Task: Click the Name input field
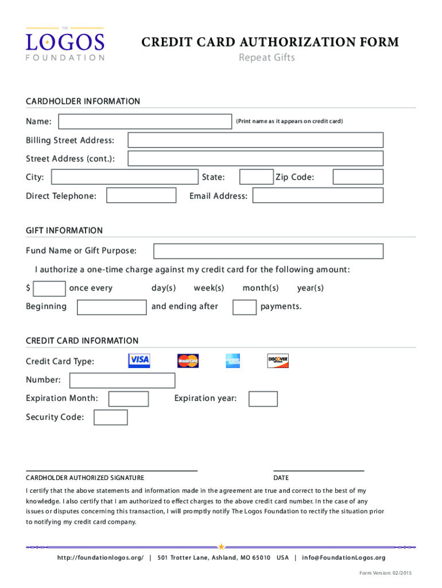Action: (145, 122)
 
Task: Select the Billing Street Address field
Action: (255, 141)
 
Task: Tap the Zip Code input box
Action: (358, 177)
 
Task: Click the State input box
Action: (256, 177)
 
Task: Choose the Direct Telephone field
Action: (142, 196)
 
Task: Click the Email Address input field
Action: (318, 196)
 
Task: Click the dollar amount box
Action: (50, 288)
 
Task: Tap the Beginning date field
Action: (112, 307)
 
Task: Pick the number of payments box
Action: (245, 307)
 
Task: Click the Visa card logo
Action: (139, 361)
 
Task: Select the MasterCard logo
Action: (188, 361)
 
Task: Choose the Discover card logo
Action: (278, 361)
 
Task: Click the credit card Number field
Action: (122, 381)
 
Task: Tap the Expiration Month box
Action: (129, 399)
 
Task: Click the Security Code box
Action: (111, 417)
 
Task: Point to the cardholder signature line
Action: (112, 470)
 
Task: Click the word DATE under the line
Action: (281, 478)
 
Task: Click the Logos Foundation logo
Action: (65, 44)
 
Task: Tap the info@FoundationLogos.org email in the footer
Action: (344, 558)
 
